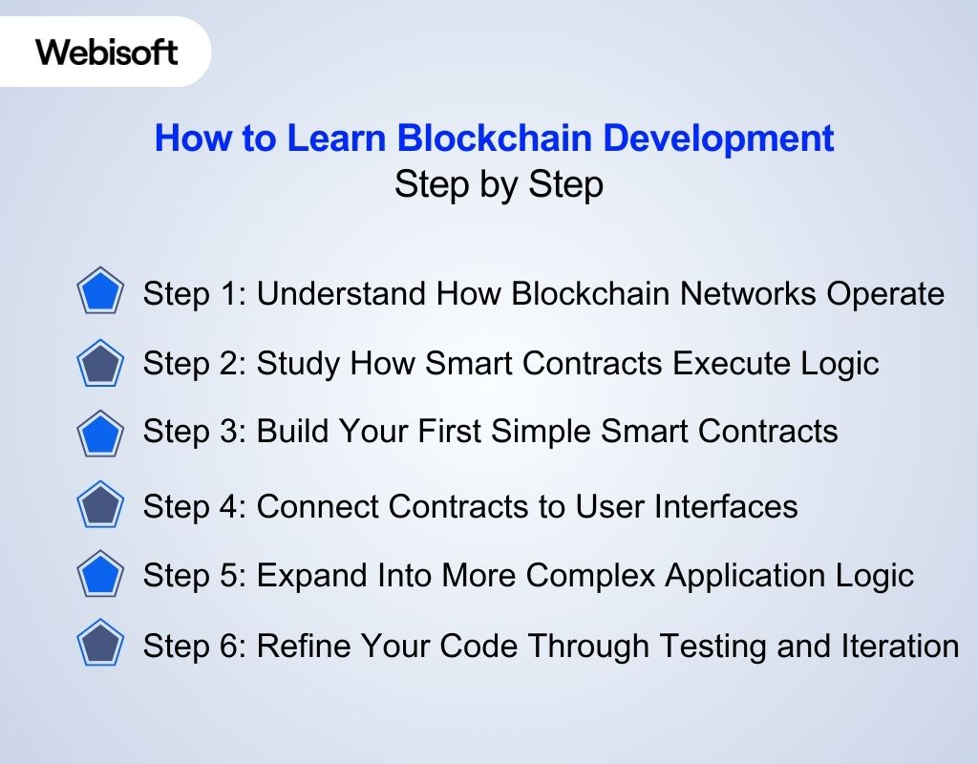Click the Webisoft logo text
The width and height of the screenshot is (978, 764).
[x=107, y=52]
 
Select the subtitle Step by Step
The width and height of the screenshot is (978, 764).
[x=499, y=184]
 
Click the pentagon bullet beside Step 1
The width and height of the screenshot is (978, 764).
[x=100, y=293]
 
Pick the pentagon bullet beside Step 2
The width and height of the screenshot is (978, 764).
[x=100, y=364]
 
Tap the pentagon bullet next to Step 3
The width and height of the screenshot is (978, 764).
[x=100, y=433]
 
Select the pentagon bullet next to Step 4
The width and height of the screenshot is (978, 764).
[x=100, y=506]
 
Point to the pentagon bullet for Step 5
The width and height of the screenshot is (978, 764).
[x=100, y=575]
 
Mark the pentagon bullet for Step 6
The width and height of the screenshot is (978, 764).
[x=100, y=645]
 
